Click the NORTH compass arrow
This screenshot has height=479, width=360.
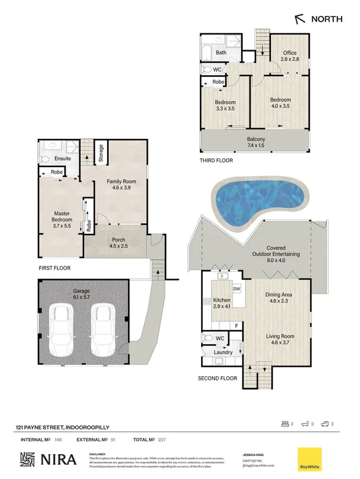coord(301,19)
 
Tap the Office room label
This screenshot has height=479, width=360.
coord(290,56)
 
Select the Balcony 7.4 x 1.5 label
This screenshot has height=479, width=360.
coord(256,142)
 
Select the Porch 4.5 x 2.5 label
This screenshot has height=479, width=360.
coord(116,243)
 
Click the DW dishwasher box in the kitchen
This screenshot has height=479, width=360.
coord(236,288)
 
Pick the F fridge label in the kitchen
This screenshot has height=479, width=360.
coord(236,325)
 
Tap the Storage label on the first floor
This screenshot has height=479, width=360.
coord(100,153)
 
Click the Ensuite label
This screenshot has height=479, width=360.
coord(63,159)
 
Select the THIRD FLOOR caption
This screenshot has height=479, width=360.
coord(216,161)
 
